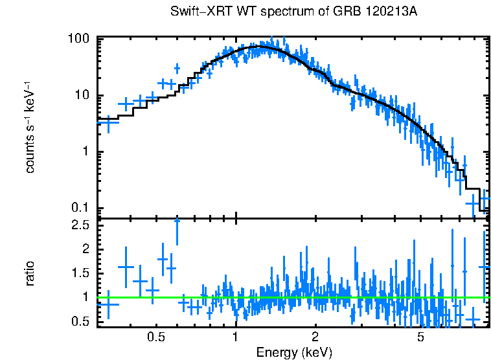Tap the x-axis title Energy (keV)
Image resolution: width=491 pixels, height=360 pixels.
point(294,352)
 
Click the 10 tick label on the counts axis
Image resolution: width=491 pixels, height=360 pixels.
point(82,95)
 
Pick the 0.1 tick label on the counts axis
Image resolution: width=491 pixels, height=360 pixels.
point(79,208)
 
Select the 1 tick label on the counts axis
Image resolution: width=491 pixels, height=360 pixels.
point(85,152)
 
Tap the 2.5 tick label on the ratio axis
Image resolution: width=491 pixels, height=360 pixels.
point(79,225)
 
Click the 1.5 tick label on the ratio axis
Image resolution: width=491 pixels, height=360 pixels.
point(79,273)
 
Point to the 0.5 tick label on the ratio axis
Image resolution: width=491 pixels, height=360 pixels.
point(79,321)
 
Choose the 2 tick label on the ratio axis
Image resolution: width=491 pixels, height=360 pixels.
point(85,249)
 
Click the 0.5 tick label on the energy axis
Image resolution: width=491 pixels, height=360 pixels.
point(155,337)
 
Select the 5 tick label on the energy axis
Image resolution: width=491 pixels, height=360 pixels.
point(420,337)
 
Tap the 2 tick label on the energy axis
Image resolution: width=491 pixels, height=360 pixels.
point(315,337)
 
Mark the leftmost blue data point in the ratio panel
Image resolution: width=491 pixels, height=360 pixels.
point(108,304)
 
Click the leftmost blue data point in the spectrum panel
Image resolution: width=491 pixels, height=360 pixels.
point(108,121)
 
